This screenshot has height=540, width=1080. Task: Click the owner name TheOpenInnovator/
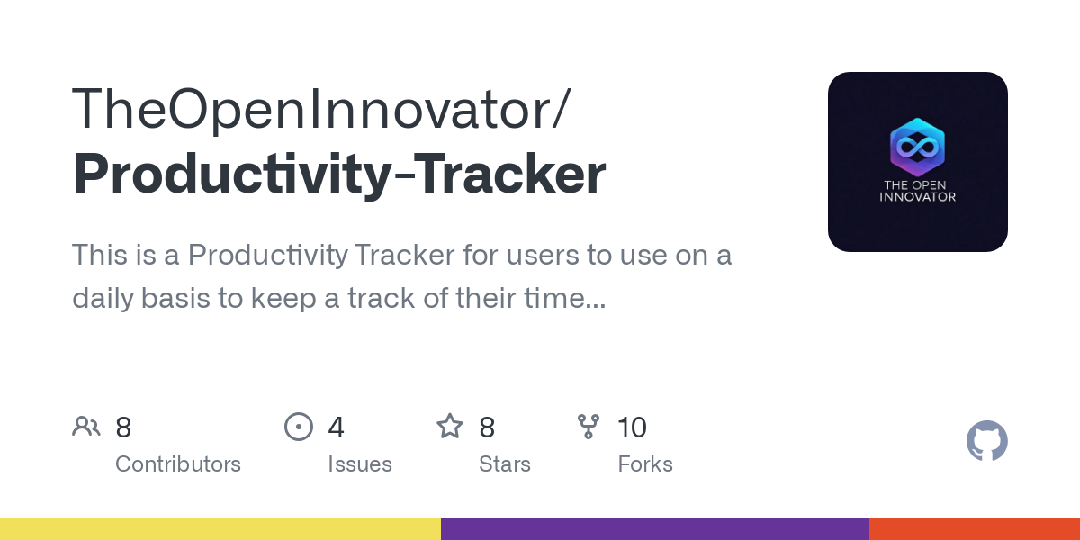tap(321, 109)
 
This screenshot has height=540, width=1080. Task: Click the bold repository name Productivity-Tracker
tap(339, 175)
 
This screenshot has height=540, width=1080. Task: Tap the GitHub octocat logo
tap(986, 441)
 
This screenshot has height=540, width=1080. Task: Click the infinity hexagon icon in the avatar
tap(917, 147)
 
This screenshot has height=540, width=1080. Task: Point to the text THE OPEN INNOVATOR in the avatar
tap(917, 191)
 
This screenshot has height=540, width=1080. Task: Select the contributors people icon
tap(86, 427)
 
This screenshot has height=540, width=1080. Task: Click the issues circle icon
tap(299, 427)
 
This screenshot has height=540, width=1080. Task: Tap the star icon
tap(450, 427)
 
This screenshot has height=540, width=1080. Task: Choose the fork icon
tap(589, 427)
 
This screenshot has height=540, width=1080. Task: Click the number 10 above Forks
tap(632, 427)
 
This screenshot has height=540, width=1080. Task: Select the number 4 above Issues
tap(336, 427)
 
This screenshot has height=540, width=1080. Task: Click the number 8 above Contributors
tap(123, 427)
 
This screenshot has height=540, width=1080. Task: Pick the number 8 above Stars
tap(487, 427)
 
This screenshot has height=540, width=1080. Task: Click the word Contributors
tap(178, 464)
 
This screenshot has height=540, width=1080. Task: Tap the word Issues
tap(360, 464)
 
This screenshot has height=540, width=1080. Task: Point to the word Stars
tap(505, 464)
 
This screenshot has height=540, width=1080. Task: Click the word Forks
tap(645, 464)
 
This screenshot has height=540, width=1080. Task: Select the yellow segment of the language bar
tap(220, 529)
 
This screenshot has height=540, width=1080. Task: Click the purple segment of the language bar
tap(654, 529)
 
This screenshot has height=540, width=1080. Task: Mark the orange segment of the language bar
tap(974, 529)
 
